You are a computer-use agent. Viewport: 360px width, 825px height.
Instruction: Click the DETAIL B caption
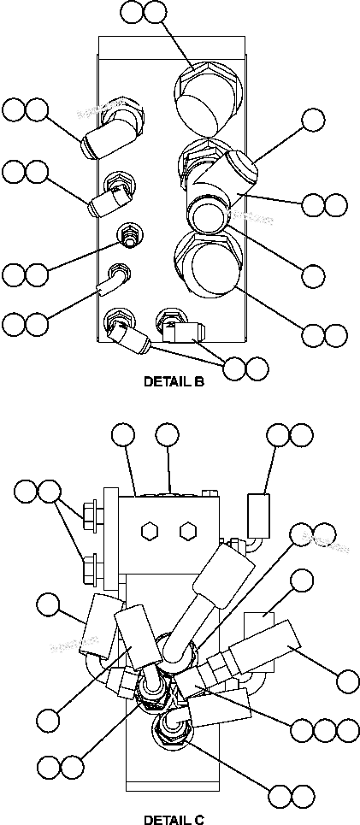coord(174,382)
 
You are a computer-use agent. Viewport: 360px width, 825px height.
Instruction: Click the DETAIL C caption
coord(174,818)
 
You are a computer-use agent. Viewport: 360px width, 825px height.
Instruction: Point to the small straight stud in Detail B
coord(129,235)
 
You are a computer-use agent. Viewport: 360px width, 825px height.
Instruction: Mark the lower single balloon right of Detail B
coord(315,275)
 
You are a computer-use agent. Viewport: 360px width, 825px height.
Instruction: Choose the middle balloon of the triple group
coord(324,729)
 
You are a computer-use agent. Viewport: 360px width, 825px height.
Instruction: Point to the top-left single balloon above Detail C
coord(123,435)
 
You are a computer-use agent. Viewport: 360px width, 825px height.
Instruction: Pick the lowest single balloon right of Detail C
coord(348,681)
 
